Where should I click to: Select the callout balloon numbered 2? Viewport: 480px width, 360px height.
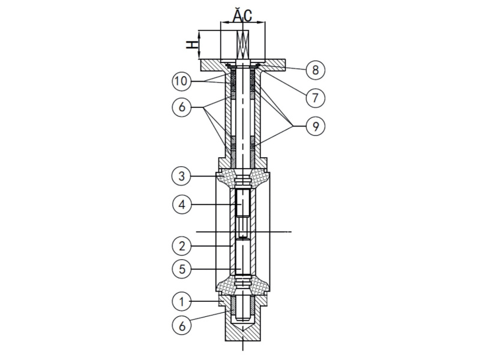coord(181,245)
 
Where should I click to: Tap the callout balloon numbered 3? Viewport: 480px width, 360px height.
coord(181,177)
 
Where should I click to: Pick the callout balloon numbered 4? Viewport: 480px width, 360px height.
coord(181,205)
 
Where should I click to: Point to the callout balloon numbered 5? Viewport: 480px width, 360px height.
coord(181,269)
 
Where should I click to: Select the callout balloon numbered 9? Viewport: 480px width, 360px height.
coord(315,126)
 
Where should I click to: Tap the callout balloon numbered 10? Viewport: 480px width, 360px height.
coord(181,80)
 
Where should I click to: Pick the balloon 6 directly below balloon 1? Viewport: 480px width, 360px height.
coord(181,325)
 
